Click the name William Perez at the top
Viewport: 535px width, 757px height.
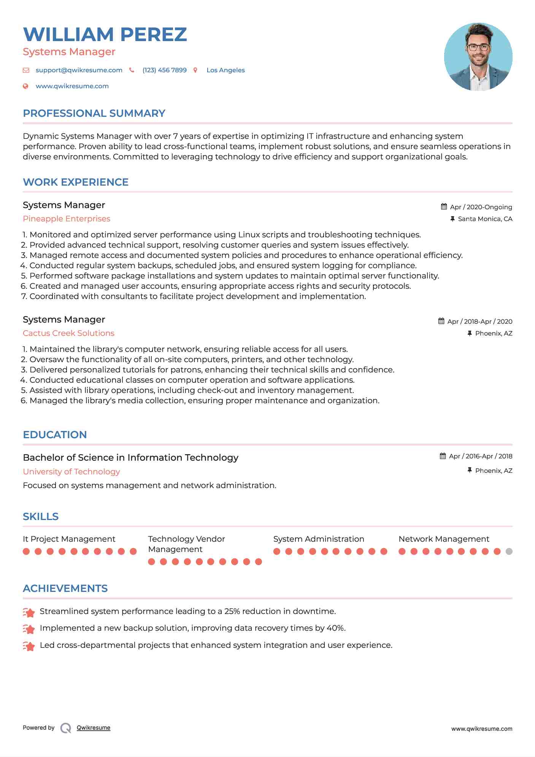coord(105,34)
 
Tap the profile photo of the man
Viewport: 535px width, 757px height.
coord(478,57)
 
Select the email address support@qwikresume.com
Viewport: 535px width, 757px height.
coord(79,70)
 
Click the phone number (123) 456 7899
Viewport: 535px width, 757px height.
coord(164,70)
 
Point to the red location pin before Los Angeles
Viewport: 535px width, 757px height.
coord(195,70)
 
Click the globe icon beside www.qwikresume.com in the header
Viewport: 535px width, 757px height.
coord(25,86)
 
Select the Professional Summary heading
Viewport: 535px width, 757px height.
coord(94,113)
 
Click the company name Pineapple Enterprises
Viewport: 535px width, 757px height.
coord(67,219)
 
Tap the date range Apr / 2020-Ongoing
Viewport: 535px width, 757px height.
coord(481,207)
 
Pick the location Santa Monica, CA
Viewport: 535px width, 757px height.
coord(485,219)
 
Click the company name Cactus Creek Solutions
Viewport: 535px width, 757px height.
coord(68,333)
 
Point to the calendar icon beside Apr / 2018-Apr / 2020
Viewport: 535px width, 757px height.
coord(441,321)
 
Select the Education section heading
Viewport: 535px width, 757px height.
coord(55,435)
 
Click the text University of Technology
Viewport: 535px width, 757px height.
coord(71,472)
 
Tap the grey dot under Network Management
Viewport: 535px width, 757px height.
coord(509,551)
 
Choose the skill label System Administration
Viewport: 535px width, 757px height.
coord(319,539)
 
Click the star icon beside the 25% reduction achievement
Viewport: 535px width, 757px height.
coord(29,612)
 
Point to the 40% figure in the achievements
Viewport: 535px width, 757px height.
coord(336,628)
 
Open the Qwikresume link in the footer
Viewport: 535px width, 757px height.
coord(94,728)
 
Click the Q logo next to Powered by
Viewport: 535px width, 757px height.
coord(66,728)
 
